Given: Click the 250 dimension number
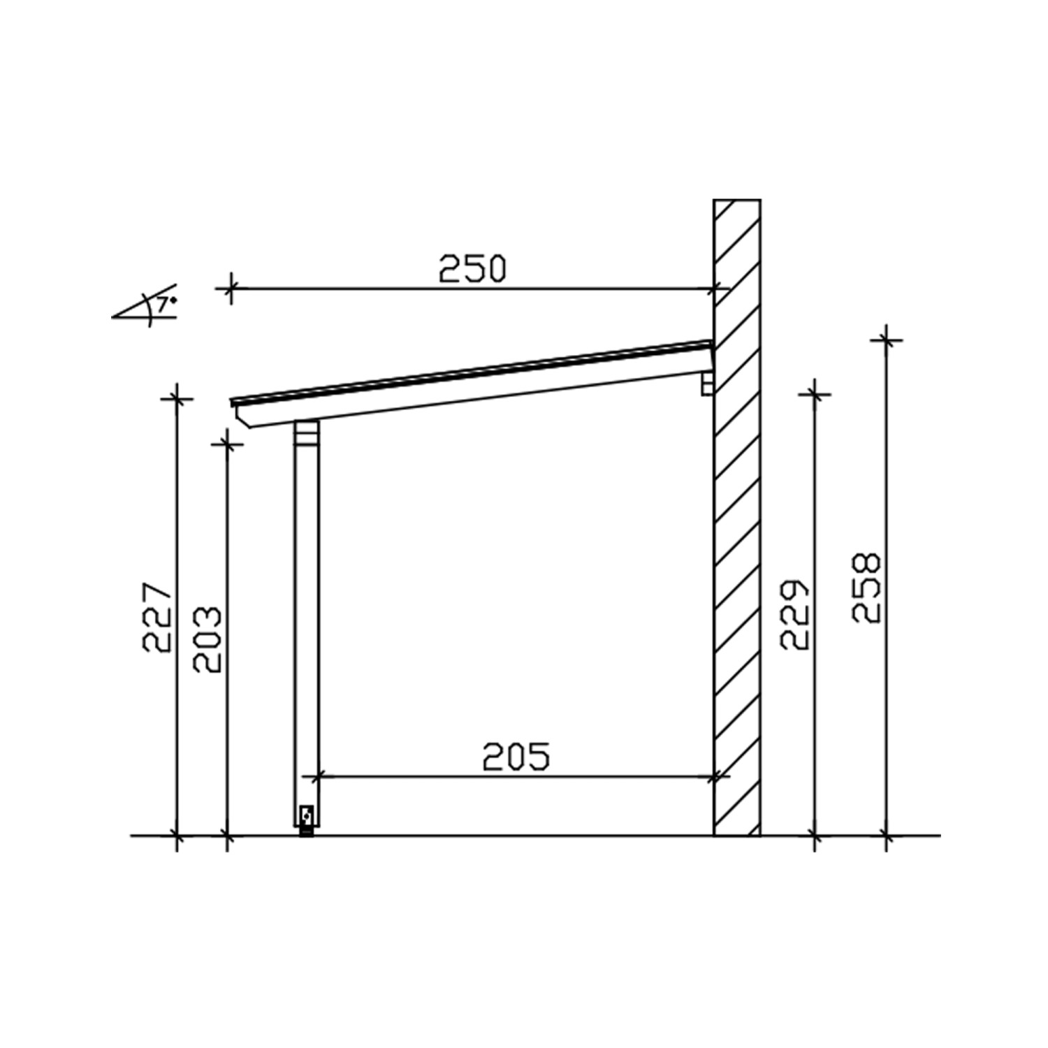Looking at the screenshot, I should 472,269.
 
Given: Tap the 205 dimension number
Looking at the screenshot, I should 516,757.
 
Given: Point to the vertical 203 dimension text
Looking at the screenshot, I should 208,640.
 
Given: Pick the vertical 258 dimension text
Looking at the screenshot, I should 867,588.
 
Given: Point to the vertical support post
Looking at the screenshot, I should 307,629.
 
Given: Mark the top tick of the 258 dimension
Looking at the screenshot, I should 886,340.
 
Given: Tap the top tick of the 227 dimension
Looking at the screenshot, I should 177,399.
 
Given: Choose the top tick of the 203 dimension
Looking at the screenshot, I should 227,443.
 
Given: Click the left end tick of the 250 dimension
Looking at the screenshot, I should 231,287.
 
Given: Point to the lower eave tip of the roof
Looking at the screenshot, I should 235,402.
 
